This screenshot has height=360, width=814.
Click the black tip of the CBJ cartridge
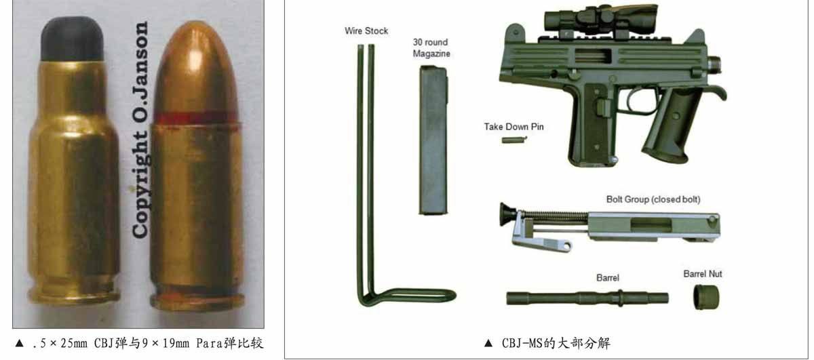pos(72,39)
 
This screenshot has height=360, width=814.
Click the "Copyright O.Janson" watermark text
pos(140,129)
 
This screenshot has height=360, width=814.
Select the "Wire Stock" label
pos(366,31)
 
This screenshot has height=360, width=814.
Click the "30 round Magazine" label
pos(431,47)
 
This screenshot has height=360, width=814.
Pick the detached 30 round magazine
pos(433,140)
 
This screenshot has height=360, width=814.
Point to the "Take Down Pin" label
pos(514,127)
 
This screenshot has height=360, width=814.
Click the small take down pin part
pos(514,140)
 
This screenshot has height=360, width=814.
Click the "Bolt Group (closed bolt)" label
pos(653,199)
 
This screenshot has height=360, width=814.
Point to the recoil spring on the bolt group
pos(552,216)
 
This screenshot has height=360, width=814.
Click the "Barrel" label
pos(608,278)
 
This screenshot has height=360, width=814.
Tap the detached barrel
pos(587,298)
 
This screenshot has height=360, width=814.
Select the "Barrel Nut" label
pos(703,274)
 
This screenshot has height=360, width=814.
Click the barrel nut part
pos(705,297)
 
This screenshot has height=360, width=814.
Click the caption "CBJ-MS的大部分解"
pos(556,343)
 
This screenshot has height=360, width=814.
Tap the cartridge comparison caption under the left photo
pos(147,343)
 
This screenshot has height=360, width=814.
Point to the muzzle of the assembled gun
pos(714,64)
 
